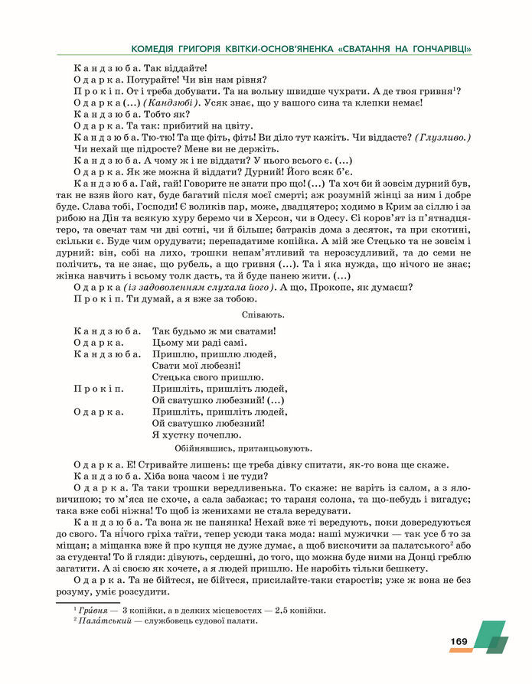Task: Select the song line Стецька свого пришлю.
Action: coord(208,377)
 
